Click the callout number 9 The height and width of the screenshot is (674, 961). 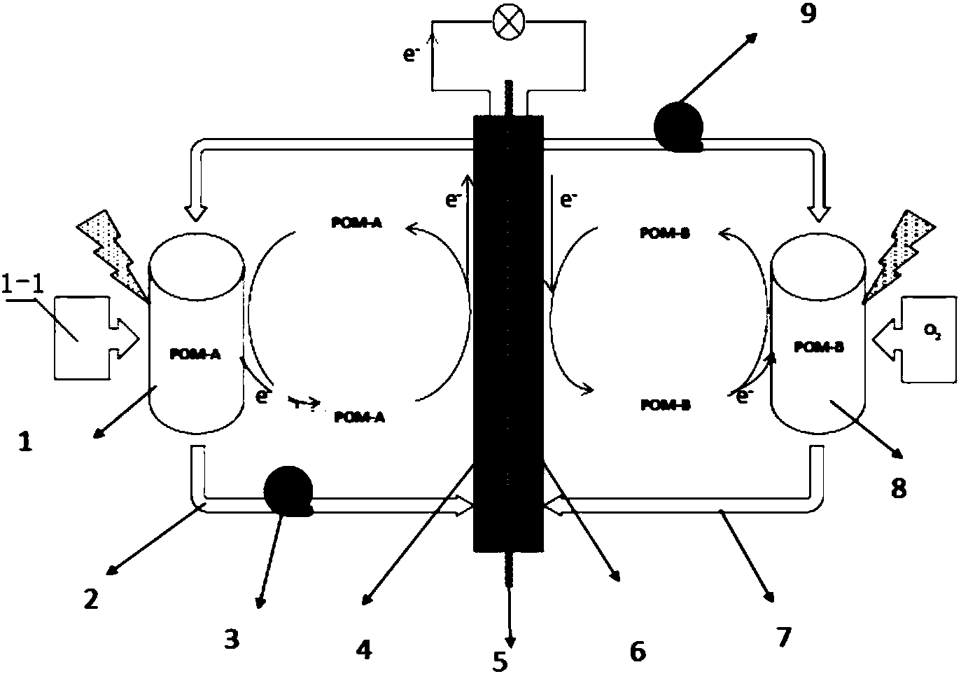[808, 15]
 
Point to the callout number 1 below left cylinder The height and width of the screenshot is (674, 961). [25, 443]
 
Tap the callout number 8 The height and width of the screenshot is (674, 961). [898, 488]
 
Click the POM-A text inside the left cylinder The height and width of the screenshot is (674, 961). [195, 355]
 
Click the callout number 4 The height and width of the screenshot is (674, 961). [364, 651]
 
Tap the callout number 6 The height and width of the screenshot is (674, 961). [637, 651]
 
